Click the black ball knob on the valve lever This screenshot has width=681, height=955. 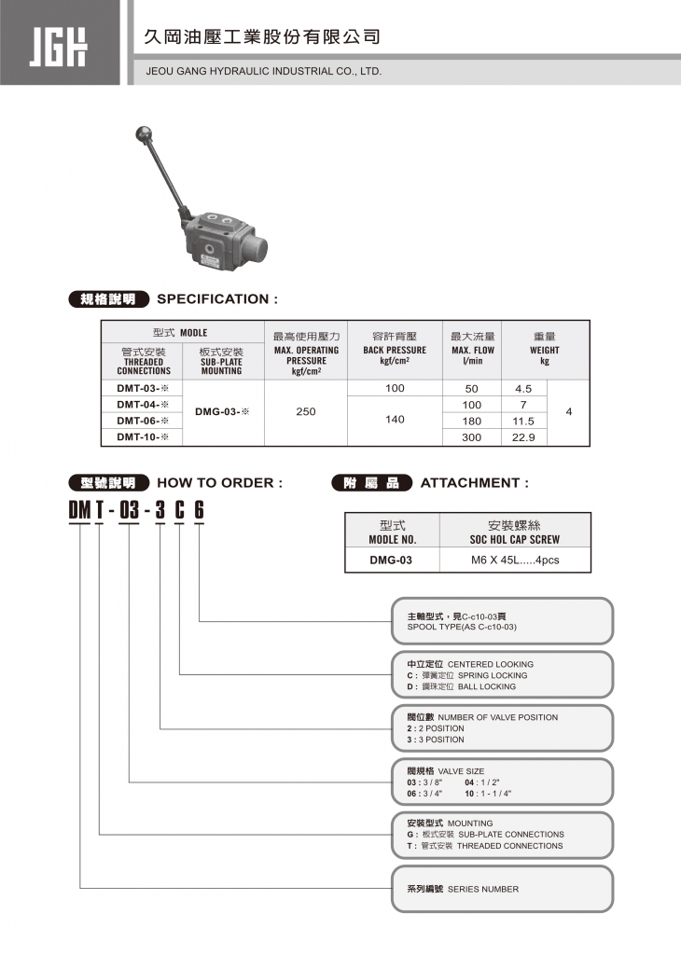tap(146, 132)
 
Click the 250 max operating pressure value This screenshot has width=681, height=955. tap(306, 411)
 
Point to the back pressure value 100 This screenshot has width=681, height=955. tap(395, 388)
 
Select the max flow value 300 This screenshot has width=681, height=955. tap(471, 436)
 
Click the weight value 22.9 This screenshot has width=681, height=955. tap(524, 436)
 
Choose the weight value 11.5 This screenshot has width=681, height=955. tap(524, 421)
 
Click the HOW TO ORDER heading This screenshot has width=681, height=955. tap(219, 483)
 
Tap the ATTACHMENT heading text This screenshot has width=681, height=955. tap(474, 483)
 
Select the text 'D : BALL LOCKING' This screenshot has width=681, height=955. tap(461, 686)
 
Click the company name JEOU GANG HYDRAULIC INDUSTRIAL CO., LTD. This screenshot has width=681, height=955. tap(264, 71)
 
